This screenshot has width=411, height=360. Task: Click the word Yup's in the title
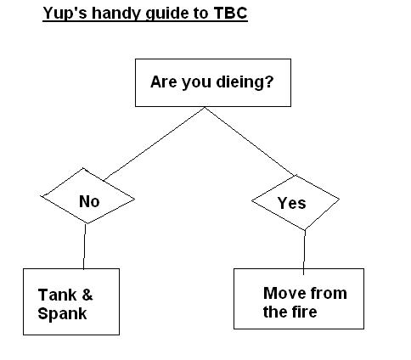pyautogui.click(x=65, y=14)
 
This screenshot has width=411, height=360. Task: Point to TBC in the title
pyautogui.click(x=231, y=13)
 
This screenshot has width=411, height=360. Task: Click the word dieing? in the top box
pyautogui.click(x=245, y=82)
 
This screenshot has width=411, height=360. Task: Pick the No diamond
pyautogui.click(x=87, y=196)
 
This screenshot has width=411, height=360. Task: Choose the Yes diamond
pyautogui.click(x=296, y=202)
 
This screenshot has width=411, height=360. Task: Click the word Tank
pyautogui.click(x=58, y=295)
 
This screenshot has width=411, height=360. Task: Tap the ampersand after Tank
pyautogui.click(x=87, y=295)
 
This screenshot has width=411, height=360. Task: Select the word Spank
pyautogui.click(x=62, y=313)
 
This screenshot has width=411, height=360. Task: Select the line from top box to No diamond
pyautogui.click(x=155, y=143)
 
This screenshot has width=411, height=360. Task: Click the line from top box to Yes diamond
pyautogui.click(x=250, y=142)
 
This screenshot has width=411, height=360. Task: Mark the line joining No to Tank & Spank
pyautogui.click(x=84, y=246)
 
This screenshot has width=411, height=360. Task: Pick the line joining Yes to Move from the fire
pyautogui.click(x=304, y=252)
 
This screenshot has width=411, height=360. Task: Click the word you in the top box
pyautogui.click(x=197, y=82)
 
